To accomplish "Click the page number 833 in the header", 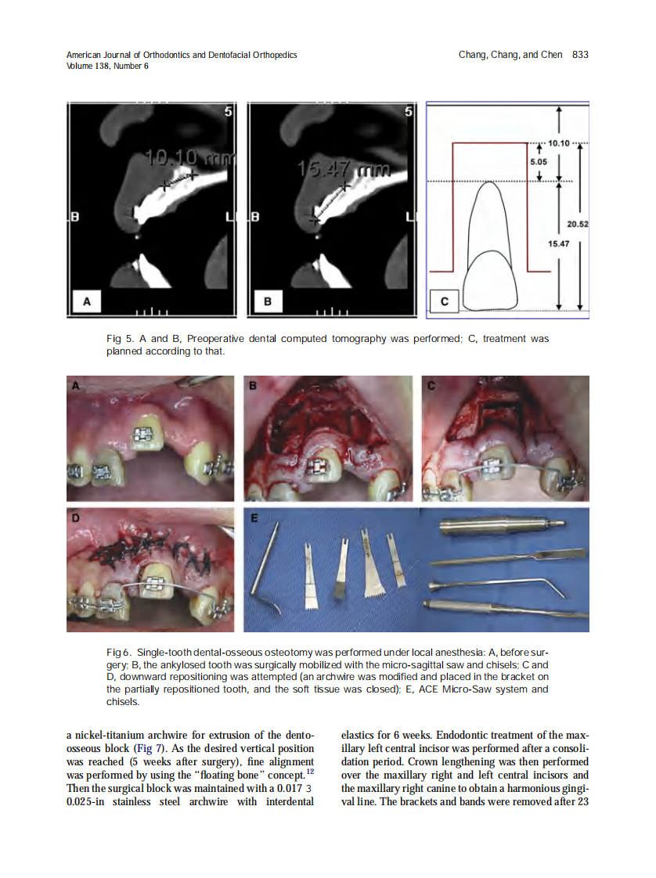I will point(580,55).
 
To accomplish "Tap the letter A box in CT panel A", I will point(87,300).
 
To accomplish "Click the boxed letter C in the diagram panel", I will point(445,300).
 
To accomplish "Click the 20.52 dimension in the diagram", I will point(578,225).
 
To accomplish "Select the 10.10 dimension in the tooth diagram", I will point(559,144).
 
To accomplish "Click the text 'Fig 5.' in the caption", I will point(119,340).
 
